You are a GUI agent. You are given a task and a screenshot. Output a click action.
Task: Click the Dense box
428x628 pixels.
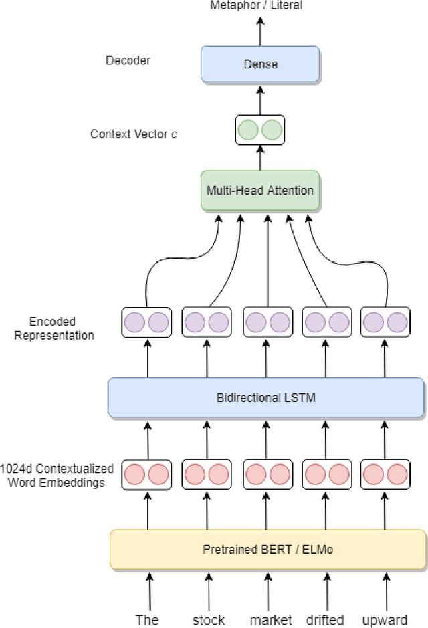[259, 65]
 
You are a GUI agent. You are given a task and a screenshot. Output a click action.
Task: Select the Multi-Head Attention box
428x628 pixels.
[260, 191]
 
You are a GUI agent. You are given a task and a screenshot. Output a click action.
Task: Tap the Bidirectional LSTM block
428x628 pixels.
[265, 398]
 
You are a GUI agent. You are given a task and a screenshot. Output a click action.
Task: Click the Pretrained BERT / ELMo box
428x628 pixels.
[267, 550]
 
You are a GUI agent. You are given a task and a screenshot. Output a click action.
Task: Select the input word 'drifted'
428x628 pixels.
[325, 619]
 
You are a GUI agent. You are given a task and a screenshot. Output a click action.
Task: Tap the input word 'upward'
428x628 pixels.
[385, 619]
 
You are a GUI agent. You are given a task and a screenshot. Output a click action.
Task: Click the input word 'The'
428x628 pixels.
[147, 619]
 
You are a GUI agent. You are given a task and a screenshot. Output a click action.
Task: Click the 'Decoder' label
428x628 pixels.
[128, 60]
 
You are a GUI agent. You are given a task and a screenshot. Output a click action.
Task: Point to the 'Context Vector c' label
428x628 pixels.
[134, 134]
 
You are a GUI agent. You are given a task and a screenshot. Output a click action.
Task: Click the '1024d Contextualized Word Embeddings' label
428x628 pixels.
[58, 476]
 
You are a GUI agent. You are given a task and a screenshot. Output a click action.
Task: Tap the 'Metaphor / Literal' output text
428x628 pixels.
[256, 5]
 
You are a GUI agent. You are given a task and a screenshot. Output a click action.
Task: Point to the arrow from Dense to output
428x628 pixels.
[260, 32]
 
